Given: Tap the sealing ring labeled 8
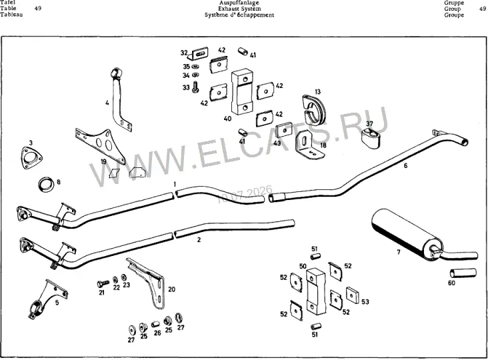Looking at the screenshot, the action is click(46, 185).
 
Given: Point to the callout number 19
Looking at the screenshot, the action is click(103, 161).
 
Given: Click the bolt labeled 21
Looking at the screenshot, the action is click(103, 283).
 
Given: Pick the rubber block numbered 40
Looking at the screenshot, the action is click(242, 91).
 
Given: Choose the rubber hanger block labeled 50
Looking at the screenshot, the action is click(316, 291).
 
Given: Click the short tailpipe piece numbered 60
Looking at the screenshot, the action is click(463, 273).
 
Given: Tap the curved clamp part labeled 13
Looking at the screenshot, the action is click(314, 109).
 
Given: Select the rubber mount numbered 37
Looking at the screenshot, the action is click(371, 138).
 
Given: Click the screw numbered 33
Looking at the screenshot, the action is click(195, 87).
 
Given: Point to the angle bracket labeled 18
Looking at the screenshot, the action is click(307, 145).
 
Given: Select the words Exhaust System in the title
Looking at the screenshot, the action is click(239, 9).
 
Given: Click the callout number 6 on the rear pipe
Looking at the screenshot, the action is click(405, 165).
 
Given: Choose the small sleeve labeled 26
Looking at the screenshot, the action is click(155, 324).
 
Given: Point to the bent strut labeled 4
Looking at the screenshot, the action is click(117, 99).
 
